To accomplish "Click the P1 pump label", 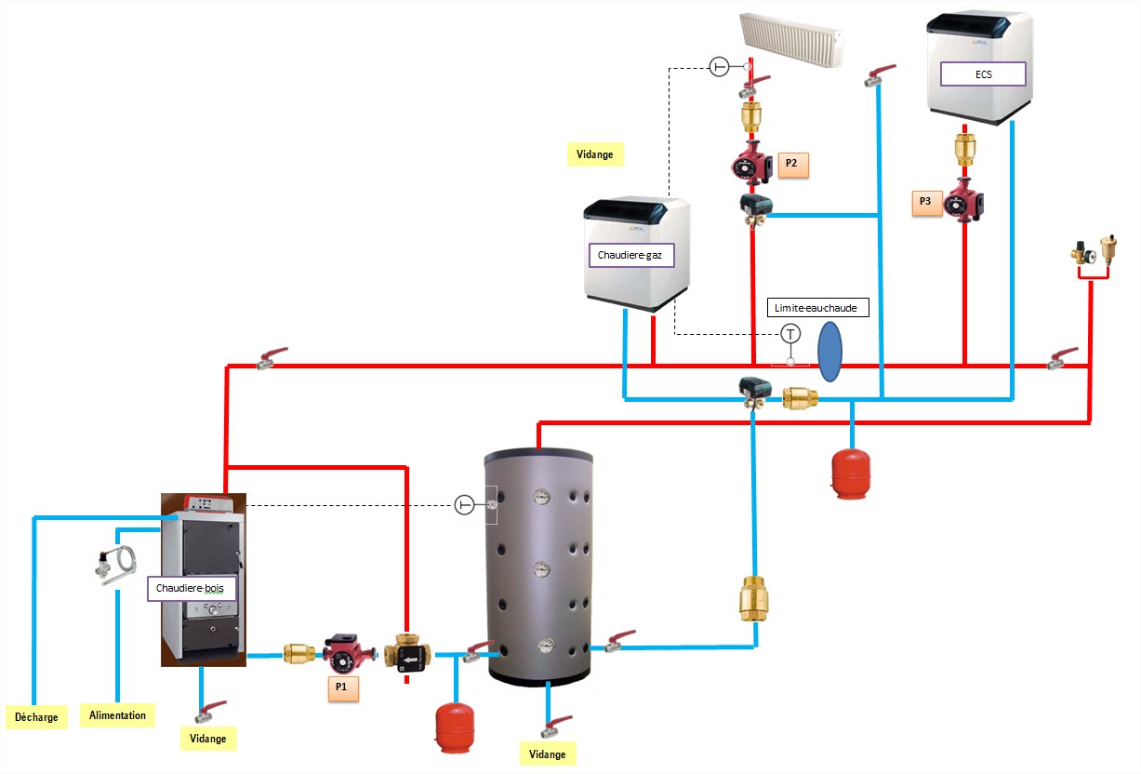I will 341,687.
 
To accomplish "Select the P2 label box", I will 791,163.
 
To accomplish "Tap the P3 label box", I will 924,201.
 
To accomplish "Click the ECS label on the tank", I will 983,73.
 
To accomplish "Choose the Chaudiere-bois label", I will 192,589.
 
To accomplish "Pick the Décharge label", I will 36,716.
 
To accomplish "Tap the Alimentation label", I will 118,714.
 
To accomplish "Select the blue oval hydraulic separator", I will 829,352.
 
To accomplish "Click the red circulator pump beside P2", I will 751,166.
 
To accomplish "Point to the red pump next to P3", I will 963,201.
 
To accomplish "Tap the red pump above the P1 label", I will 343,654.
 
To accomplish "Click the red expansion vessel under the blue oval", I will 851,473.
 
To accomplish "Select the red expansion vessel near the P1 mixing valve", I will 455,726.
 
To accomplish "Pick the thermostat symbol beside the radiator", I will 719,66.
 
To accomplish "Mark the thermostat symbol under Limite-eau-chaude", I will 790,333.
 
